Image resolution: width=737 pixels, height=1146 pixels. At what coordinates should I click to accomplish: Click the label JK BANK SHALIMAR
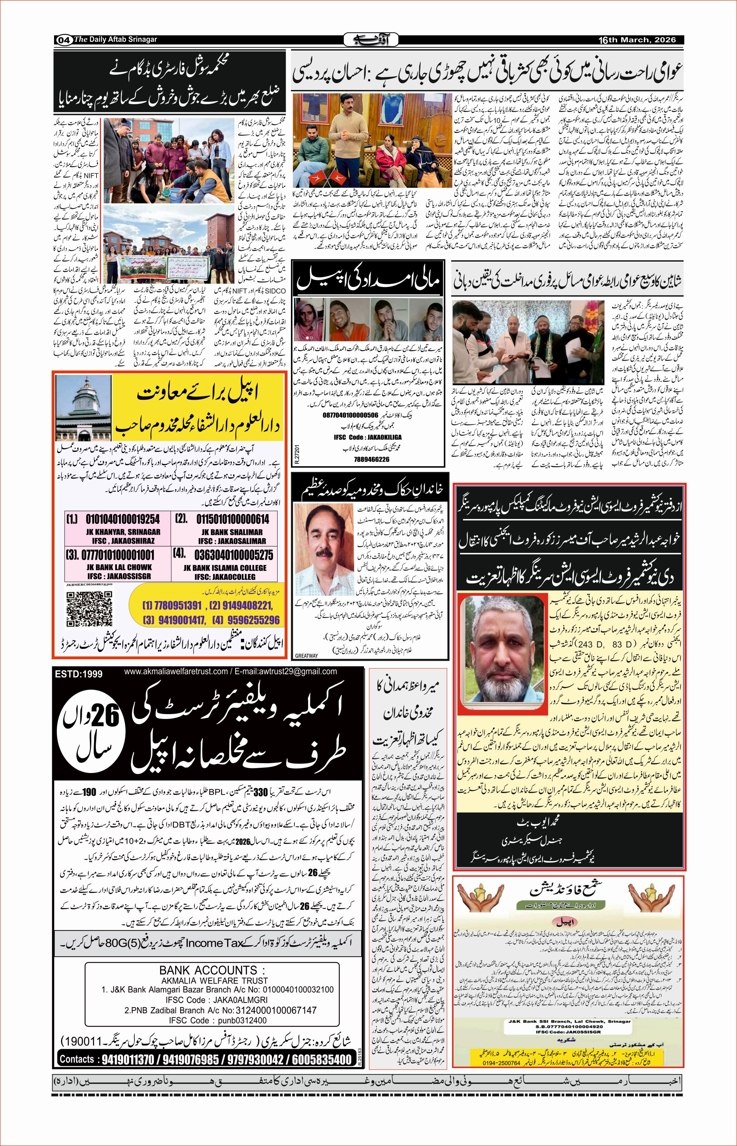tap(232, 532)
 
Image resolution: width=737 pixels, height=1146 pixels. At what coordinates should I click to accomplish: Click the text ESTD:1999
tap(79, 674)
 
